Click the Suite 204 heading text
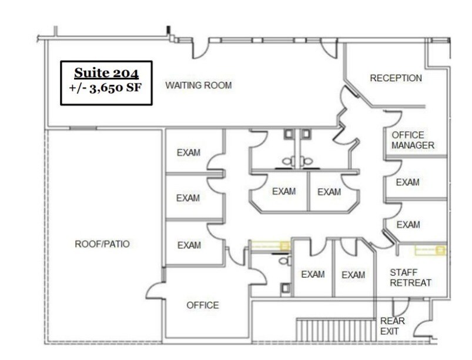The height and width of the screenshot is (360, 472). point(106,74)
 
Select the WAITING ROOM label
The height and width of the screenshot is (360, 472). point(198,85)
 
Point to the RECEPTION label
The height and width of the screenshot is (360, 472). point(396,78)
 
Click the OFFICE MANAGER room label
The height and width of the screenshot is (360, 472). point(413,140)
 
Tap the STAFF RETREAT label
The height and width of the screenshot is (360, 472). point(411,278)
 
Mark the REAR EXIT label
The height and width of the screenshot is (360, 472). point(393,326)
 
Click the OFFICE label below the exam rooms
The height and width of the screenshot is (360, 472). point(202,305)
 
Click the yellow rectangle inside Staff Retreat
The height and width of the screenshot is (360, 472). point(430,251)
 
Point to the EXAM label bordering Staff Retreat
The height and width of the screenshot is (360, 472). point(353,275)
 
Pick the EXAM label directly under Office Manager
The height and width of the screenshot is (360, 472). point(407,182)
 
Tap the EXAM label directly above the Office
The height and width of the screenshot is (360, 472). point(188,245)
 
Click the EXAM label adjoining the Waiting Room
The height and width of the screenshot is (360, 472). point(188,153)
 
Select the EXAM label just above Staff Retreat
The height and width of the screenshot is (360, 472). point(407,225)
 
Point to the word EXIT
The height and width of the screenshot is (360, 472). point(389,331)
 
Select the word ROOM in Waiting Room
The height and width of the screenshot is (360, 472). point(218,85)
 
